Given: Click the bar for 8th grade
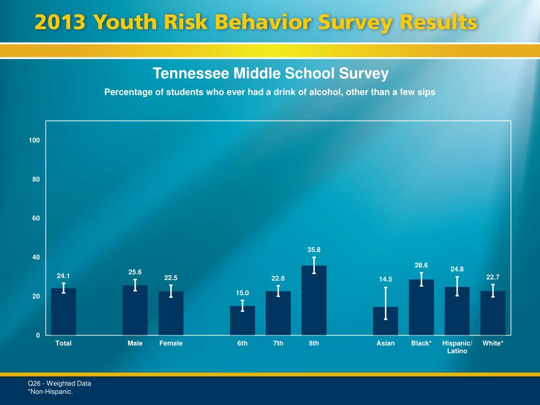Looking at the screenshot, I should (314, 301).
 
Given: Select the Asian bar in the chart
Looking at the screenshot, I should (385, 321).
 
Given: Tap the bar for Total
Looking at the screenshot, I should (63, 312).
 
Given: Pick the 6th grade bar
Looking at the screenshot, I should (242, 321).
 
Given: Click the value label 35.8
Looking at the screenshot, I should (314, 249).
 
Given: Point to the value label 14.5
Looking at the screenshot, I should (385, 279).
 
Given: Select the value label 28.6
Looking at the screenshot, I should (421, 265).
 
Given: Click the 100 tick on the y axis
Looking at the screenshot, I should (35, 140).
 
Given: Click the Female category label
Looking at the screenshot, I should (171, 343).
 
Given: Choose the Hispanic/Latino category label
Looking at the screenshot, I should (457, 347).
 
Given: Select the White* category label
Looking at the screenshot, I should (493, 343).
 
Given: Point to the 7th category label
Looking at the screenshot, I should (278, 343).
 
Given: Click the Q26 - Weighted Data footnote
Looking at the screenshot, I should (60, 383).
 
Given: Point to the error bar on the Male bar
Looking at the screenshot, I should (135, 285).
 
